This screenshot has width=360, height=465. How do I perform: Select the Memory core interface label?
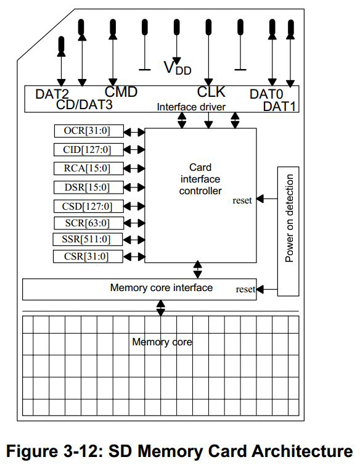pos(161,288)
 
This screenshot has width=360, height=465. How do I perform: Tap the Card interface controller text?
pos(200,179)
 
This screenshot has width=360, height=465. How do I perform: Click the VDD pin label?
pos(177,67)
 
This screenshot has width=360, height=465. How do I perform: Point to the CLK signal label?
pos(211,93)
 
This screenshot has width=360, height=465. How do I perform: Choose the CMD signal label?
pos(121,93)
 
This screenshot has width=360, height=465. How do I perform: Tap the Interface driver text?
pos(190,107)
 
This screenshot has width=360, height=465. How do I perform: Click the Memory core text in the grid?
pos(162,342)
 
